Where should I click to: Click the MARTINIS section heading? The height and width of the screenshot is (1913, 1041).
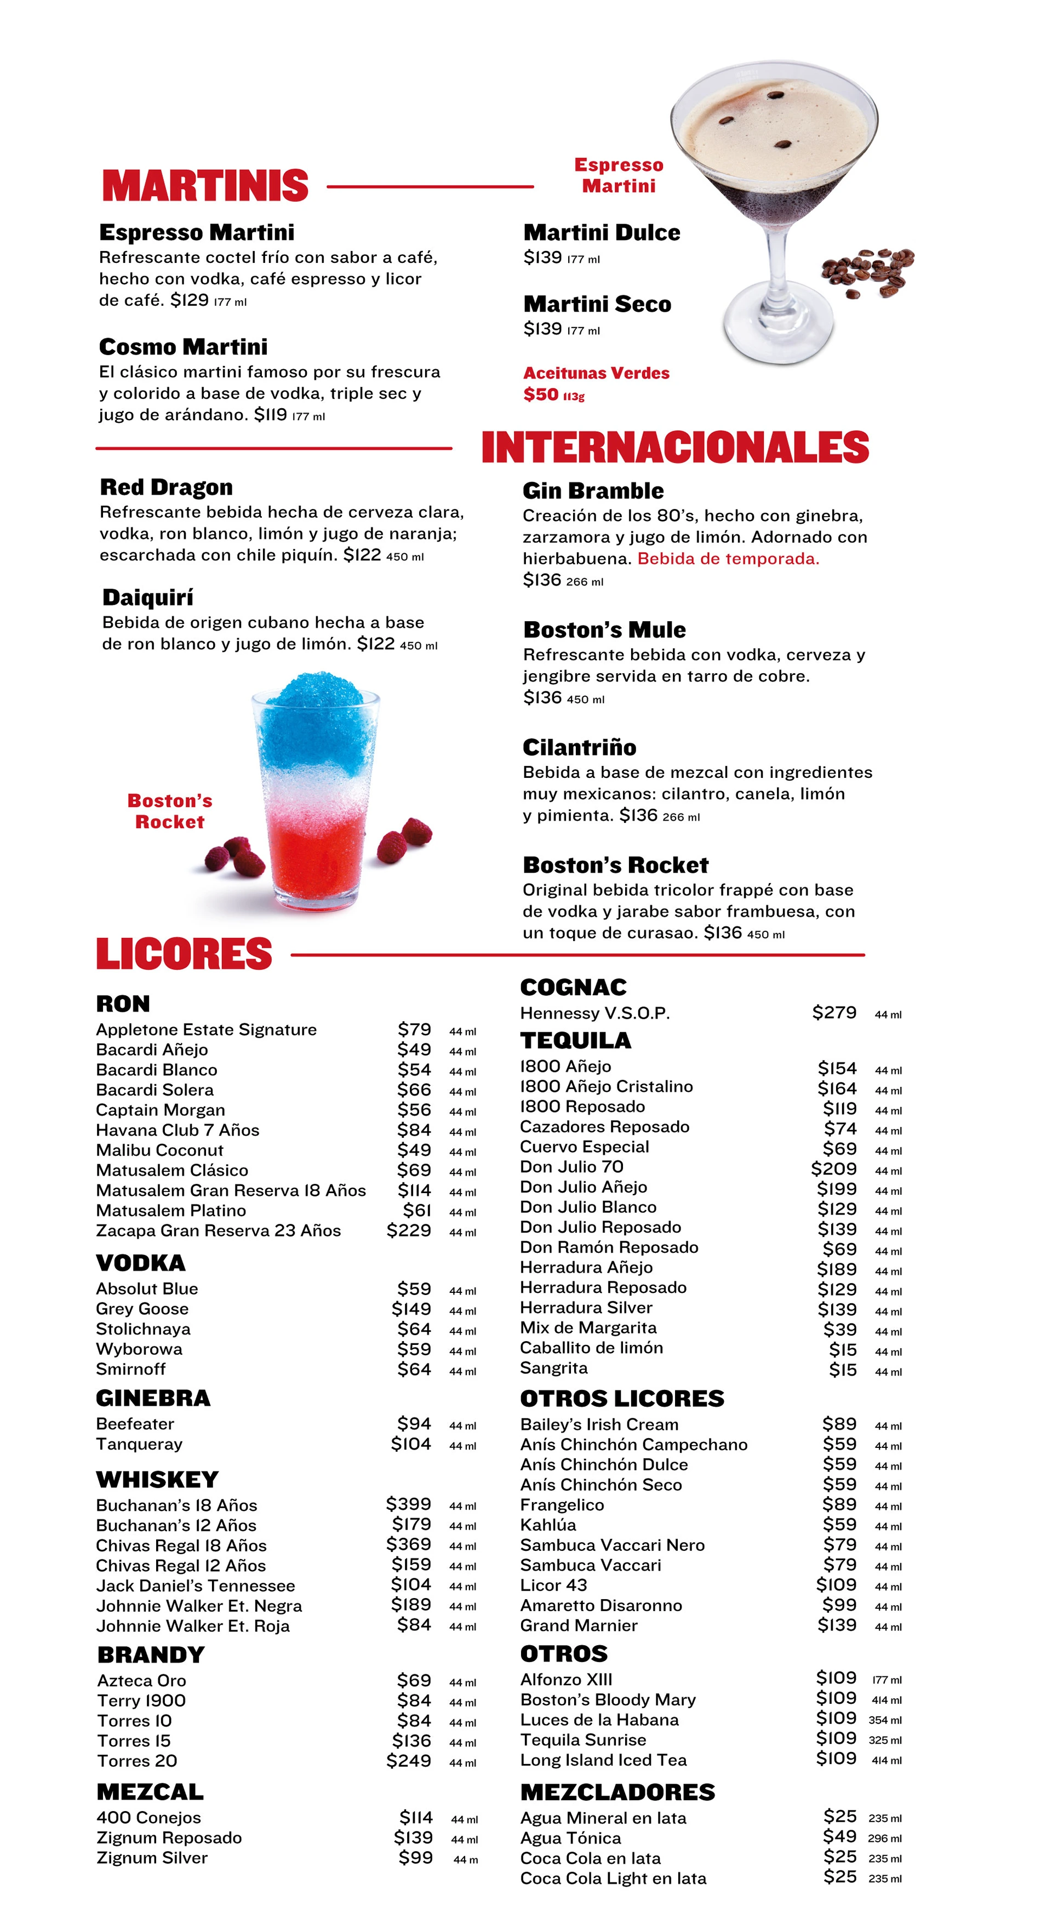click(205, 186)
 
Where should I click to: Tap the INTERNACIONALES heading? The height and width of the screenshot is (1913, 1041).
click(674, 447)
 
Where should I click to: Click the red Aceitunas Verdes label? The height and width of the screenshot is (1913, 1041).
click(596, 373)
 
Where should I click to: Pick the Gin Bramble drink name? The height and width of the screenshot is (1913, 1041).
click(592, 491)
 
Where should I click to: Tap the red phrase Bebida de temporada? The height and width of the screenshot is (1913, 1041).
click(728, 558)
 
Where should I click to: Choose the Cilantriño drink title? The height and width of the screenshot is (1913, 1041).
click(579, 747)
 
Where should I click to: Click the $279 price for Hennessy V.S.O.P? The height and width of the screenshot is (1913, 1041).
click(834, 1013)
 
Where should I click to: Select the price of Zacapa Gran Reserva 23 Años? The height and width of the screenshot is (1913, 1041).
click(408, 1230)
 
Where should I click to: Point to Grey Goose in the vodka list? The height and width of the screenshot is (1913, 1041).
click(142, 1309)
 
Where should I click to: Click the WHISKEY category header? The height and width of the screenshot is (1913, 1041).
click(157, 1480)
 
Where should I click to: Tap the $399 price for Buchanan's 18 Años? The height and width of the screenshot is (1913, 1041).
click(408, 1504)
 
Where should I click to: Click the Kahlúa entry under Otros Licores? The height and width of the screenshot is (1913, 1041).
click(548, 1525)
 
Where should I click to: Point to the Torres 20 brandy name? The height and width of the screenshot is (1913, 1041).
click(138, 1761)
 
